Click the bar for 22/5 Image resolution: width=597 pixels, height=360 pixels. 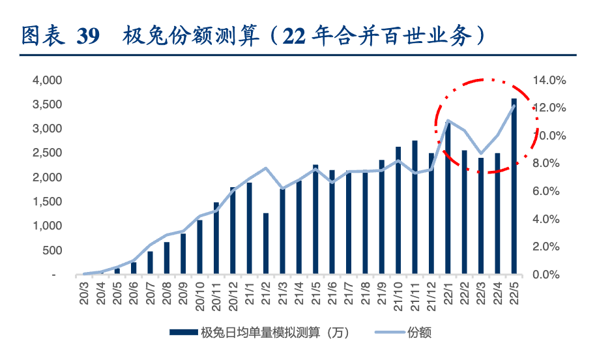click(514, 187)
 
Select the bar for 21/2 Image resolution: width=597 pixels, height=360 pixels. click(266, 244)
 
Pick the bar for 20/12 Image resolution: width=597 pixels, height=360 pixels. click(233, 231)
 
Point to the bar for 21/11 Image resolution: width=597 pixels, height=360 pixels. click(415, 207)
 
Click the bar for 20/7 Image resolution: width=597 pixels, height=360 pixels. click(150, 263)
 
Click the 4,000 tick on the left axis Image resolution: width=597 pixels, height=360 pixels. click(47, 80)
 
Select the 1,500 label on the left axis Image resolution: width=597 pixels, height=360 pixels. click(47, 202)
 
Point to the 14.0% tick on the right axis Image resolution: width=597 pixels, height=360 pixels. click(549, 80)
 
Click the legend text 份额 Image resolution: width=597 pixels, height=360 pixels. click(420, 333)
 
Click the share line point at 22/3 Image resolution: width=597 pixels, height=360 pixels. click(481, 153)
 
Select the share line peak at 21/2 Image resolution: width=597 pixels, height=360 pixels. click(266, 168)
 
